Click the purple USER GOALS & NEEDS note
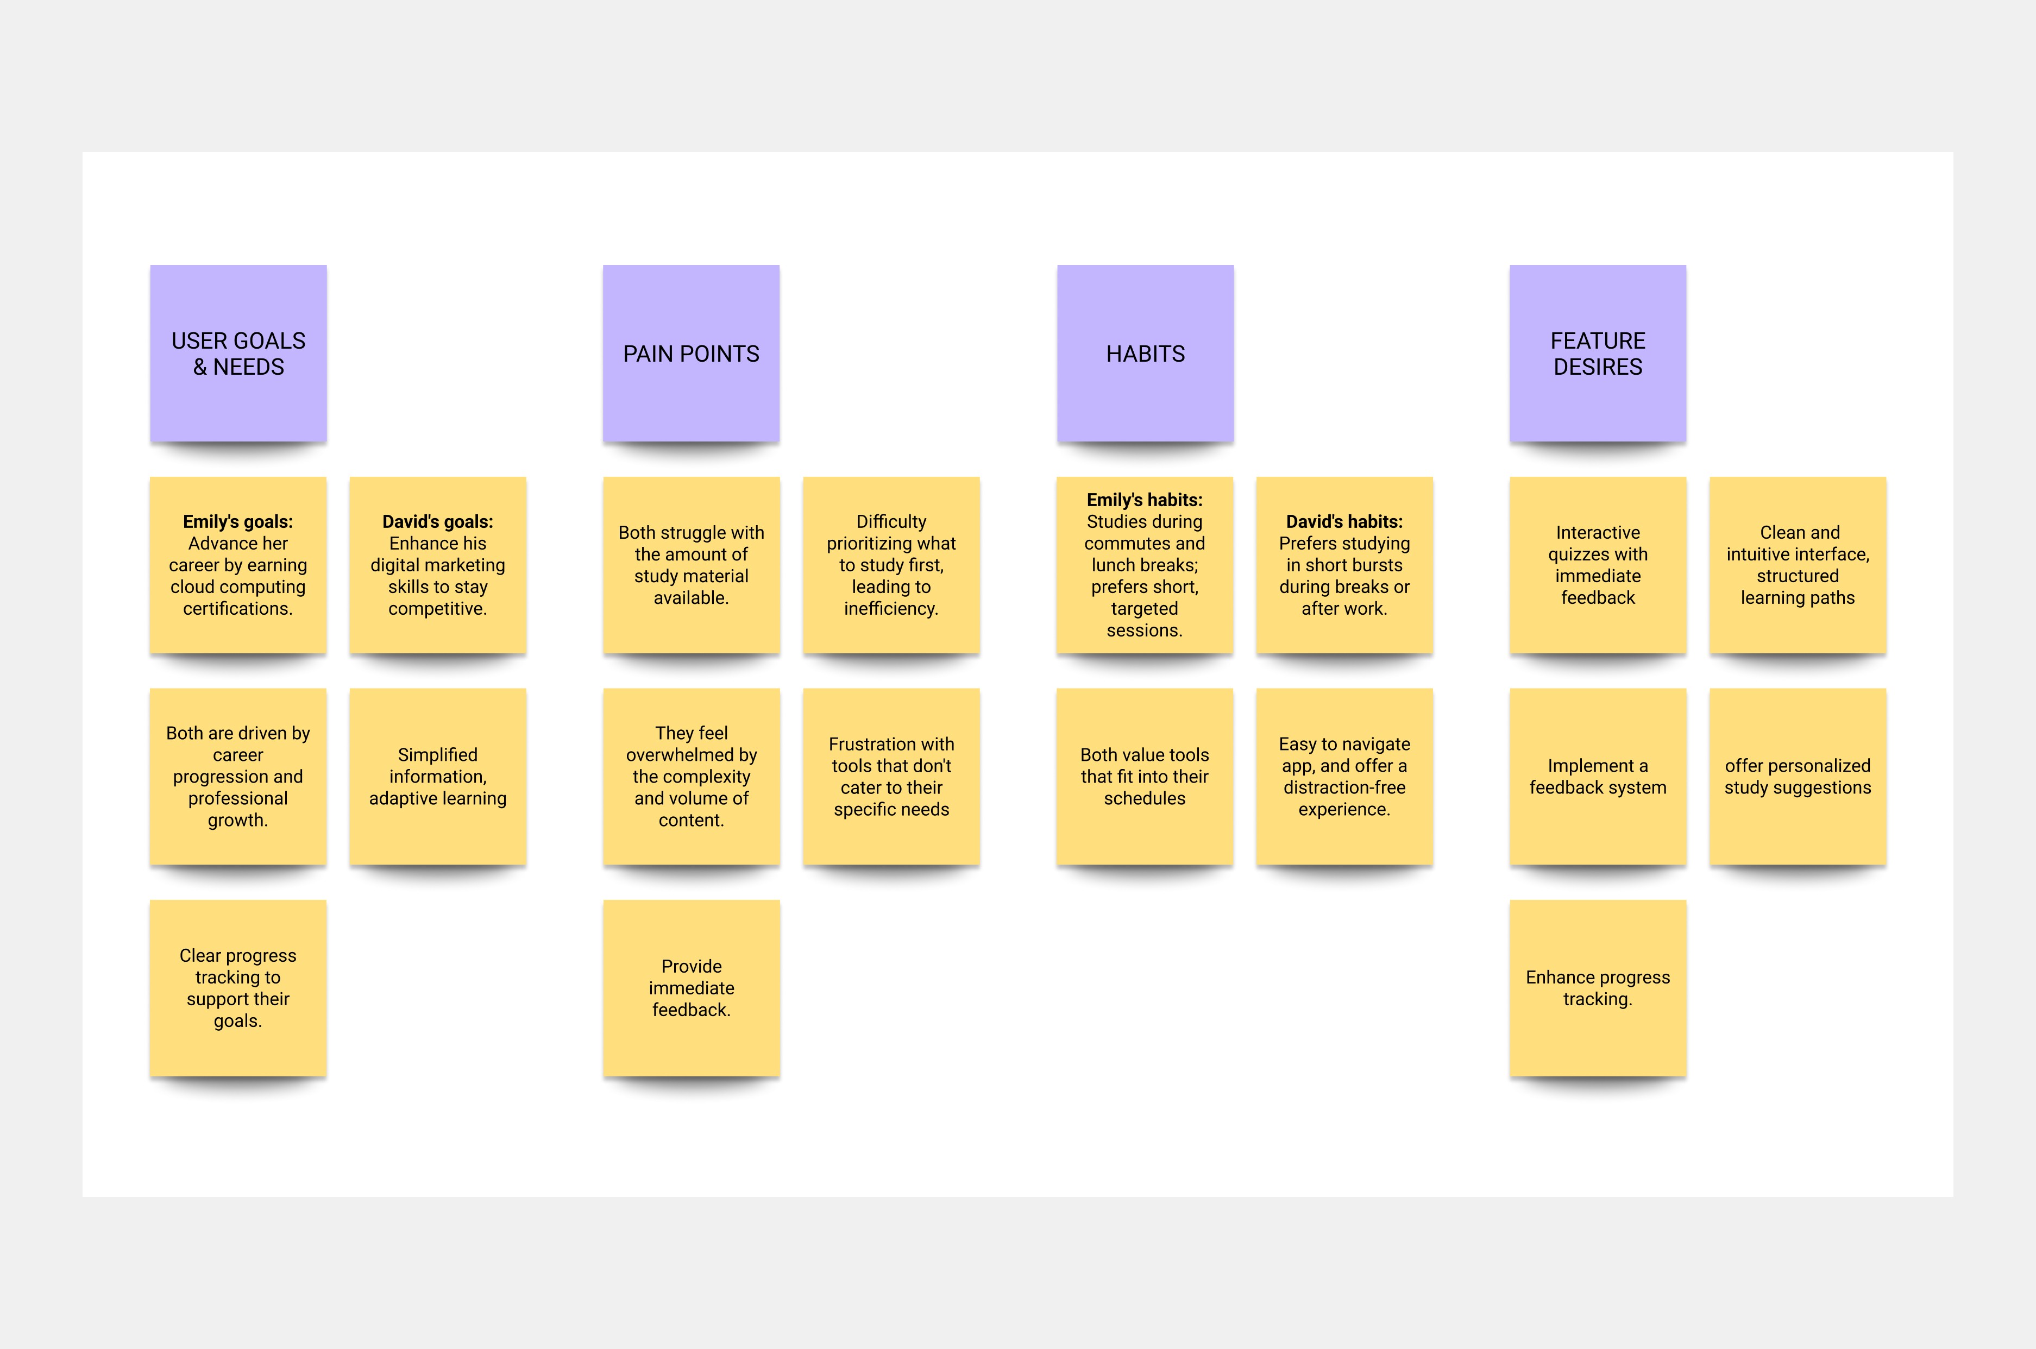coord(238,354)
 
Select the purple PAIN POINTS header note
coord(691,354)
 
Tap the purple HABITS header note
coord(1145,354)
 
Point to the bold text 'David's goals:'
coord(437,521)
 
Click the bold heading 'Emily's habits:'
coord(1145,500)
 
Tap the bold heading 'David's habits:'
coord(1344,521)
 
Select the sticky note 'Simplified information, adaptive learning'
coord(437,776)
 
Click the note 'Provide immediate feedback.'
coord(691,988)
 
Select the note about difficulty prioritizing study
coord(891,564)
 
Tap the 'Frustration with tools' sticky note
coord(891,776)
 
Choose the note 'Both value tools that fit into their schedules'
coord(1145,776)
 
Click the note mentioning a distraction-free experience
coord(1344,776)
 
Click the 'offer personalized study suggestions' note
coord(1797,776)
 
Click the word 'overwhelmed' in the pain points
coord(691,754)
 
